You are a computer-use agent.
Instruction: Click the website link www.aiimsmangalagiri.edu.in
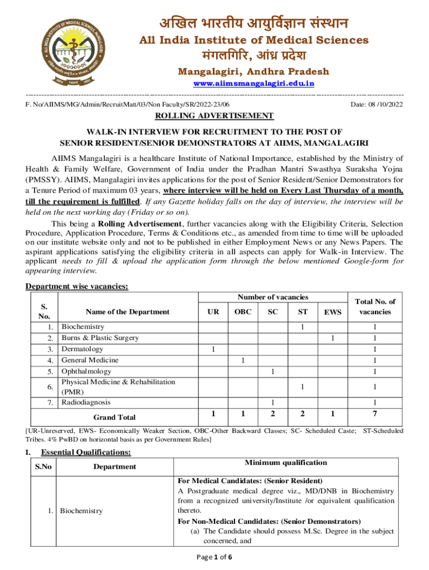click(253, 83)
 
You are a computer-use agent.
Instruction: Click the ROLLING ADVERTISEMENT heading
click(214, 116)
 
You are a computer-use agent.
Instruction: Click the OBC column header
click(242, 312)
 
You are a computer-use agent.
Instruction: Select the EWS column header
click(333, 313)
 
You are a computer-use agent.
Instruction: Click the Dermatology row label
click(82, 349)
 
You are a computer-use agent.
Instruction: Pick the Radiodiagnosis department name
click(86, 402)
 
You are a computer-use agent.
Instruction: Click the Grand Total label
click(114, 417)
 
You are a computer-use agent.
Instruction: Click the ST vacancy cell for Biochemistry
click(301, 327)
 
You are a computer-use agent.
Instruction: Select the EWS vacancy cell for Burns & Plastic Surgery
click(333, 338)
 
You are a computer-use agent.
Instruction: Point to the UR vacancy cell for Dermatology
click(213, 349)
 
